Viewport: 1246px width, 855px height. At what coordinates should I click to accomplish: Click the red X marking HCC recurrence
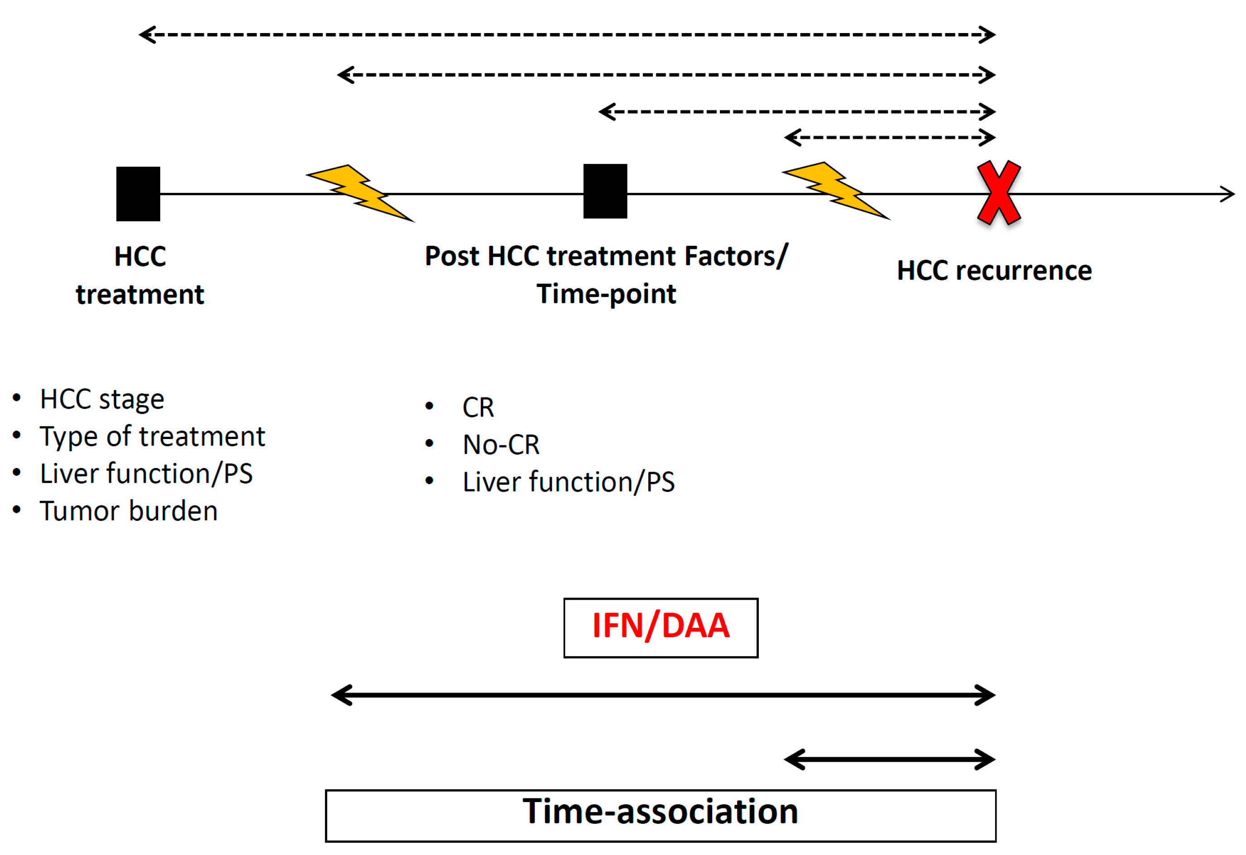[999, 192]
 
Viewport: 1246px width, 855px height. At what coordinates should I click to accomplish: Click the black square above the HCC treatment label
[139, 194]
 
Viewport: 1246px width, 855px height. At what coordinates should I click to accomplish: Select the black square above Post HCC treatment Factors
[605, 191]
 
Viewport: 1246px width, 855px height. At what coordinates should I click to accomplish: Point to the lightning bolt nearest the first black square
[360, 193]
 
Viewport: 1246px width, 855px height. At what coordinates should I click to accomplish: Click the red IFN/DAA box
[661, 628]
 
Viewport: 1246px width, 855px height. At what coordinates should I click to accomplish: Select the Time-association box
[661, 816]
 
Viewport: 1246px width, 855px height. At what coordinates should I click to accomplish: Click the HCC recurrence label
[995, 271]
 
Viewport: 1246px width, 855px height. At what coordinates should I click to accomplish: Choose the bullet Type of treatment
[152, 437]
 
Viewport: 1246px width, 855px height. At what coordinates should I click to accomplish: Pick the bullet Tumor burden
[129, 511]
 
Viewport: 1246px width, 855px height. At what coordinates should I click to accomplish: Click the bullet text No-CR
[501, 445]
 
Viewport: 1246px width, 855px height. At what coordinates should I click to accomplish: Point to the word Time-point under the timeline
[606, 294]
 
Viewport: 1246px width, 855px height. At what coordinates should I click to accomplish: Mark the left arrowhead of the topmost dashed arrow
[147, 35]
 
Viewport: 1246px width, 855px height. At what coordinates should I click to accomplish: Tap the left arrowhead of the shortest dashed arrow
[792, 137]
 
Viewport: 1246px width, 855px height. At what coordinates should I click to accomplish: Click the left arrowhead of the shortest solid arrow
[794, 759]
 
